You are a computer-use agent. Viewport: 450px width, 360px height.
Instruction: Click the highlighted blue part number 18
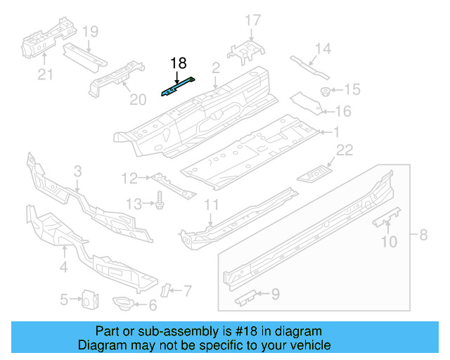179,88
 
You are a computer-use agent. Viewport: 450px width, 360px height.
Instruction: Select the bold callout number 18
179,63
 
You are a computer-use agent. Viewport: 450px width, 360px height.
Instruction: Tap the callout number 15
352,89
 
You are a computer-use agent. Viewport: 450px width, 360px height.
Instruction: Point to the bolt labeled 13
160,200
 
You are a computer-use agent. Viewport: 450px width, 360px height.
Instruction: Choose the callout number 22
344,148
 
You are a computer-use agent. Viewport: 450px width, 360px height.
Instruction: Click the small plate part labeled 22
316,171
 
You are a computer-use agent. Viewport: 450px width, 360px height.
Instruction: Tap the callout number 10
388,243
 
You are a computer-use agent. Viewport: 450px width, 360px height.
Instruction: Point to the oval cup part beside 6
124,303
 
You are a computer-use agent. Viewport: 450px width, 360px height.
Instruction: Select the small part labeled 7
166,289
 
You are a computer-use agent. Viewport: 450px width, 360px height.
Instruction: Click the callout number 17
252,20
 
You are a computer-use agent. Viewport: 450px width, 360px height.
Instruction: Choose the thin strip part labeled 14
310,68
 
